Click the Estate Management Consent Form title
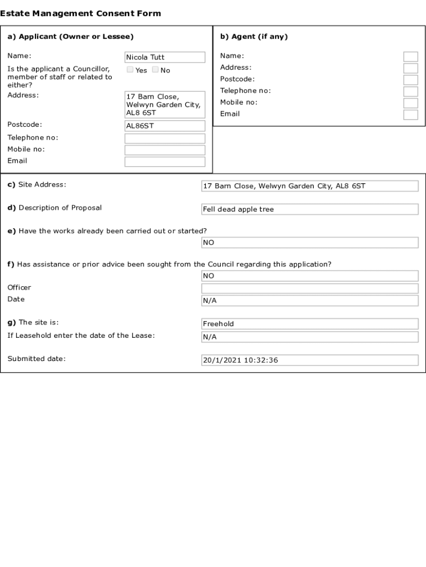coord(81,13)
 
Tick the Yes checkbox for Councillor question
coord(130,70)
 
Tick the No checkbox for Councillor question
coord(155,70)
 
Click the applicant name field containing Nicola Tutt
coord(165,57)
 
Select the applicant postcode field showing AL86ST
coord(165,126)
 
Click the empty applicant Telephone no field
coord(165,138)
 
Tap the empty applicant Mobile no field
coord(165,150)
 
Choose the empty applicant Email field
coord(165,162)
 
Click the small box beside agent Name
coord(411,56)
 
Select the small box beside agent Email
coord(411,115)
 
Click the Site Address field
coord(310,186)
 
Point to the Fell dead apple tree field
coord(310,209)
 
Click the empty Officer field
coord(310,288)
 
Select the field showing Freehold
coord(310,324)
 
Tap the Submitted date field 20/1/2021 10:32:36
coord(310,360)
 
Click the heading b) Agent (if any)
coord(254,37)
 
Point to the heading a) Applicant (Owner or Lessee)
coord(70,37)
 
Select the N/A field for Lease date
coord(310,337)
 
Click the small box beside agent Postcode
coord(411,80)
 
